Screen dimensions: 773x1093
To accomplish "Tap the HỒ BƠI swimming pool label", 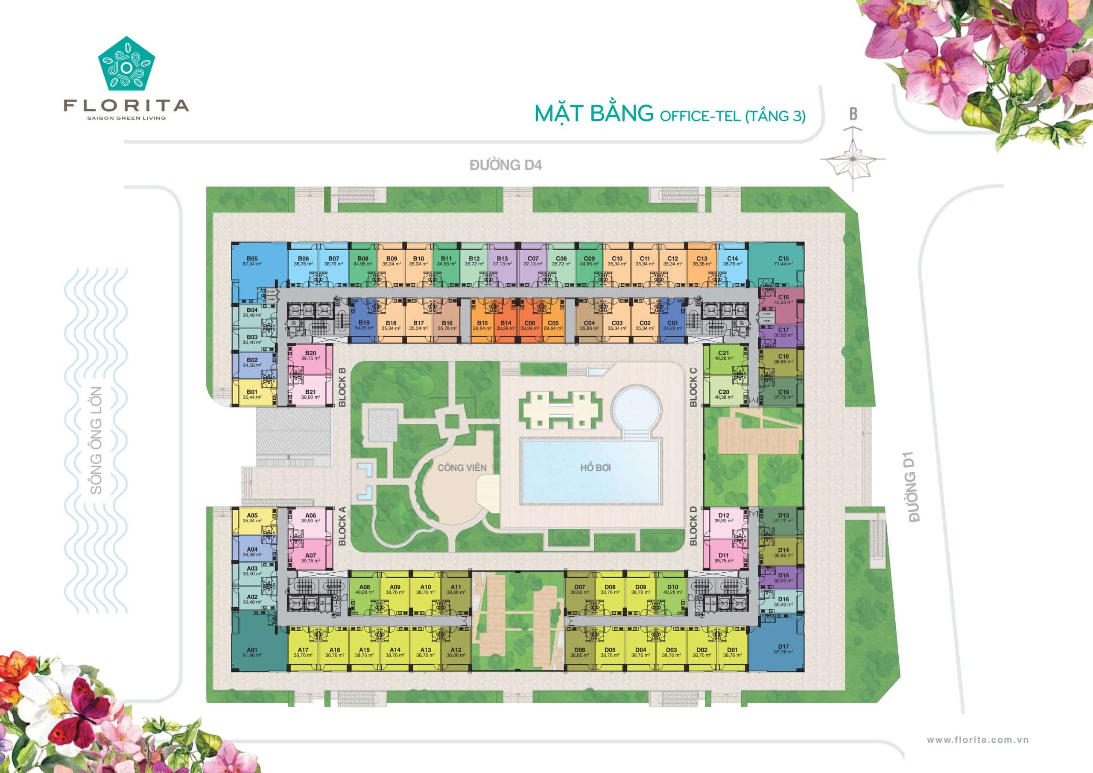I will click(595, 468).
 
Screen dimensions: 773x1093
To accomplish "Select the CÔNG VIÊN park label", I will click(462, 468).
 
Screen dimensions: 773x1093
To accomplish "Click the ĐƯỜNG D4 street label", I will click(506, 165).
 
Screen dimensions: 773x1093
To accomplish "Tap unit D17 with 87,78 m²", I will click(783, 649).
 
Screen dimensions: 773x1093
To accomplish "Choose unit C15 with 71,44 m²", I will click(783, 261).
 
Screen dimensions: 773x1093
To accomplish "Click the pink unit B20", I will click(310, 356).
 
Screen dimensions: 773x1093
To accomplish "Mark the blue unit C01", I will click(672, 325).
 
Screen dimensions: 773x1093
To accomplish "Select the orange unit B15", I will click(482, 325).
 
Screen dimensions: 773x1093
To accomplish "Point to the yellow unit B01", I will click(252, 394).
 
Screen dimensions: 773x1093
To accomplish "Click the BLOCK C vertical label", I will click(693, 387).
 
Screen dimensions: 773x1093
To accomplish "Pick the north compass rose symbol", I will click(853, 158).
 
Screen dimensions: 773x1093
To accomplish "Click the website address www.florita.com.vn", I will click(978, 740).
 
